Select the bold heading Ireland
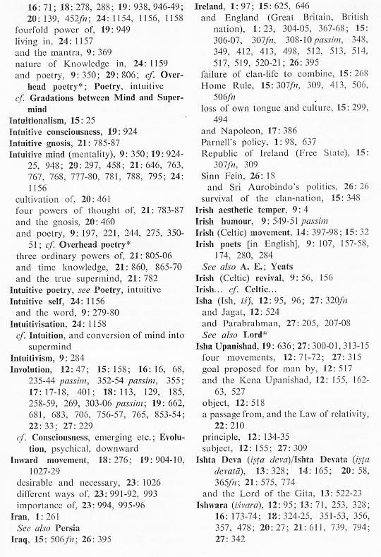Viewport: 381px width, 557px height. click(x=212, y=6)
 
